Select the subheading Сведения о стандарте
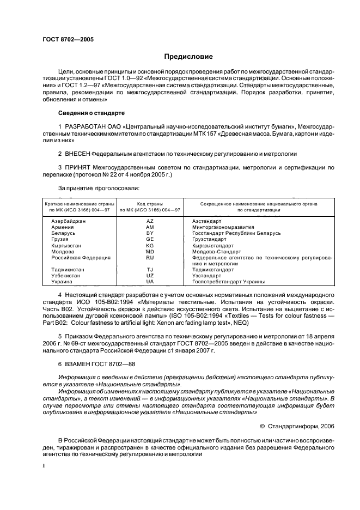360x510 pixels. tap(91, 113)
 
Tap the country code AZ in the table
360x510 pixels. tap(150, 221)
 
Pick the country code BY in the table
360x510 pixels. tap(150, 233)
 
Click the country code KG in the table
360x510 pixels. tap(150, 245)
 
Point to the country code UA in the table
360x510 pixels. tap(150, 282)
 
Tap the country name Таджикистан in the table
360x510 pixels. tap(67, 269)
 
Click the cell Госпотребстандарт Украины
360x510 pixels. tap(228, 282)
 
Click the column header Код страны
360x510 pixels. tap(150, 203)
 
